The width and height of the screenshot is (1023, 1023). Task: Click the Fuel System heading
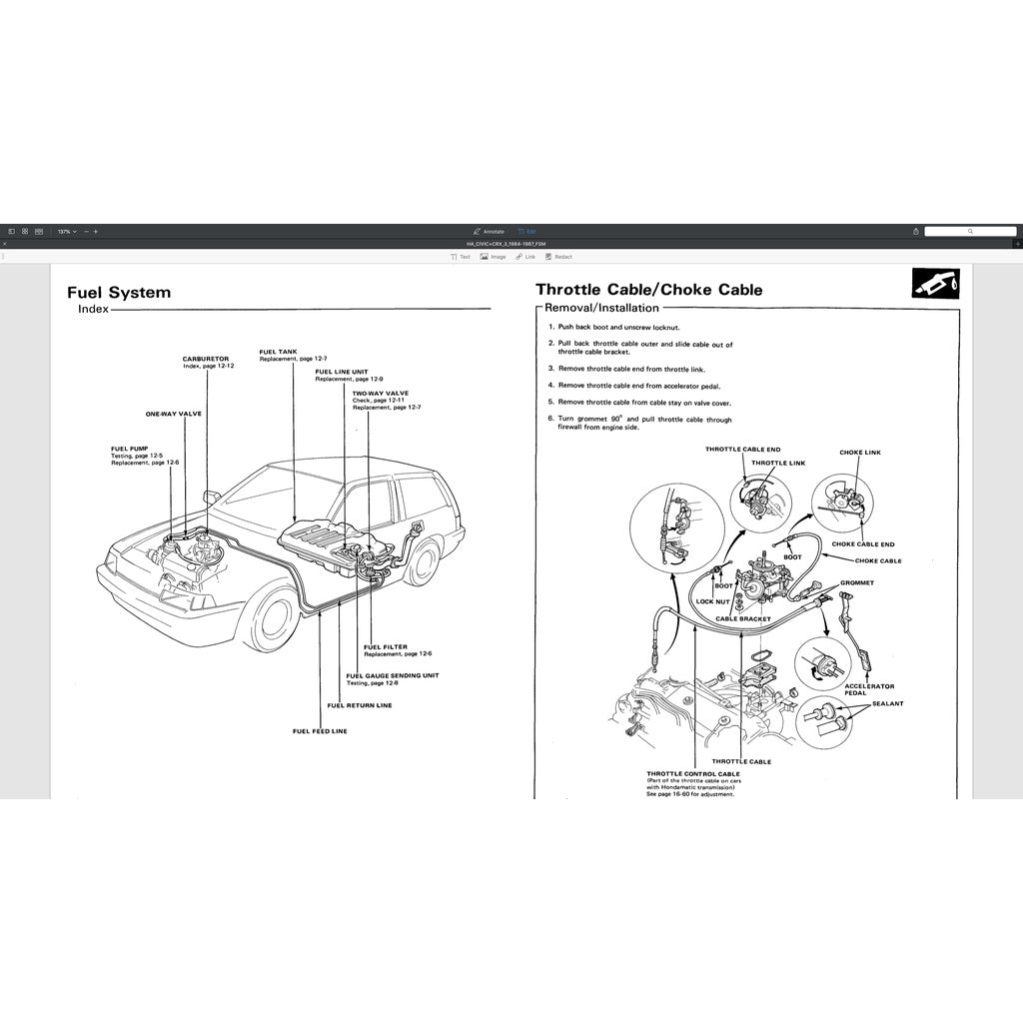[119, 293]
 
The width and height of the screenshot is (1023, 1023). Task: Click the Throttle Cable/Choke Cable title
[648, 290]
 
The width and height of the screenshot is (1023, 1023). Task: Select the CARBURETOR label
[205, 359]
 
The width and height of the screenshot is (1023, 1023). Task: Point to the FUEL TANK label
[278, 351]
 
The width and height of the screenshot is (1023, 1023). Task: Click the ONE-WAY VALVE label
[173, 413]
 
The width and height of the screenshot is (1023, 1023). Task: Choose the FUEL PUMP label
[130, 449]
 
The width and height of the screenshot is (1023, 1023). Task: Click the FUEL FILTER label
[386, 646]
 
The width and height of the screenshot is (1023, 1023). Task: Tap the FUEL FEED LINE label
[320, 731]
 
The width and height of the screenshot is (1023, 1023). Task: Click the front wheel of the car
[272, 617]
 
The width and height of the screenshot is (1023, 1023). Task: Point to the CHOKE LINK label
[859, 453]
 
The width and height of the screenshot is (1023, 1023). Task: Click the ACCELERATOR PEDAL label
[869, 689]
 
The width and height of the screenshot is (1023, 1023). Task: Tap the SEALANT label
[887, 703]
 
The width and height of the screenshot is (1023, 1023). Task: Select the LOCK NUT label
[712, 601]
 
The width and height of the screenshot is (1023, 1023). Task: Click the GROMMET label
[857, 582]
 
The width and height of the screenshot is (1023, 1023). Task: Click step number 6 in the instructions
[550, 419]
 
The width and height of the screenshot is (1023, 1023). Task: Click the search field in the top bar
[969, 231]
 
